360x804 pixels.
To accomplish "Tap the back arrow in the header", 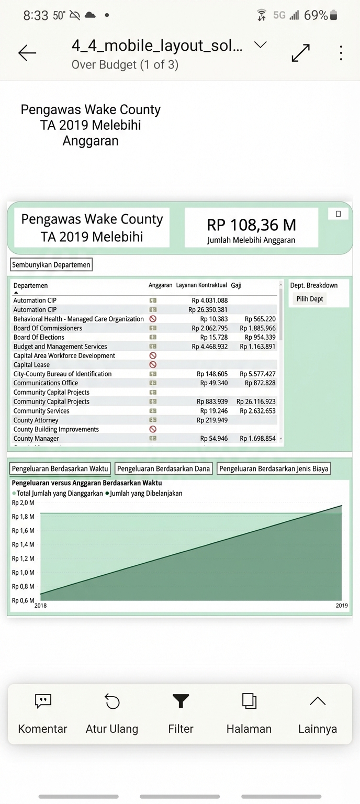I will tap(27, 52).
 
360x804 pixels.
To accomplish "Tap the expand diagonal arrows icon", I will tap(300, 53).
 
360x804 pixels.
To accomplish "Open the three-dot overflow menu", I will tap(341, 53).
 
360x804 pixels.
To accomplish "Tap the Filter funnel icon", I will tap(181, 701).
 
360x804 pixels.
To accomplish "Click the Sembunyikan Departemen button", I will tap(51, 265).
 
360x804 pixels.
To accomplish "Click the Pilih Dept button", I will tap(310, 299).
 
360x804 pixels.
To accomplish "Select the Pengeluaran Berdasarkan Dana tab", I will tap(164, 468).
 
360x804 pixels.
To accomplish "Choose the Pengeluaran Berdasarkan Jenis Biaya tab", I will tap(274, 468).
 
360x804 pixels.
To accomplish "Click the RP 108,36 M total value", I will tap(251, 225).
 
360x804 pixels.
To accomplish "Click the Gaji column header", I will tap(236, 285).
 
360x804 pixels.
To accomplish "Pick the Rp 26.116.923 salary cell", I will tap(256, 401).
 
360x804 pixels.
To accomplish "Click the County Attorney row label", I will tap(36, 420).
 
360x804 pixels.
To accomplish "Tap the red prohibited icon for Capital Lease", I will tap(153, 365).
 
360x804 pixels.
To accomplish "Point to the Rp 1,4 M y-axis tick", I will tap(23, 545).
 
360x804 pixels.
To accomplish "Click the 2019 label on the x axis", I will tap(342, 606).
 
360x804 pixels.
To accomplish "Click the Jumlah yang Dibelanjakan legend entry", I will tap(146, 493).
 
